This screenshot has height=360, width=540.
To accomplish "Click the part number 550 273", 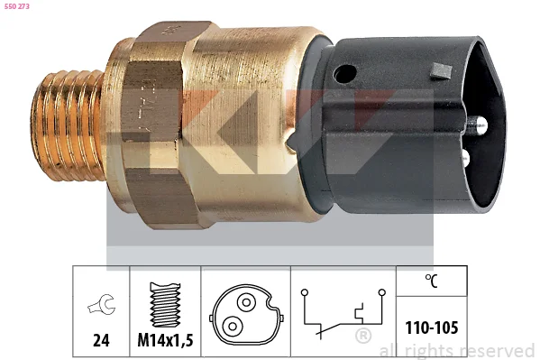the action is pos(16,6).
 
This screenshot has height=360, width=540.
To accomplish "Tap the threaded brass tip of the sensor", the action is pos(67,125).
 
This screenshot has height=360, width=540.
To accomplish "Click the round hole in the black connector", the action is pos(344,74).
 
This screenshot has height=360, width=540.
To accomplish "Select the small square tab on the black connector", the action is pos(441,71).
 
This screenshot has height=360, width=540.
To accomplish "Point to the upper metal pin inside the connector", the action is pos(477,125).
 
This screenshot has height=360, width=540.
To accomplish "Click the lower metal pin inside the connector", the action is pos(465,158).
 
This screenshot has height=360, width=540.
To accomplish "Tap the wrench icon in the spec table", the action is pos(101,304).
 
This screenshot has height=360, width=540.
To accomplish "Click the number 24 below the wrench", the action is pos(101,340).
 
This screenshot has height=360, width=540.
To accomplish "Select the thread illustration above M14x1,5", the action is pos(165,305).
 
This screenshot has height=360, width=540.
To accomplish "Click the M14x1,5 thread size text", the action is pos(165,340).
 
